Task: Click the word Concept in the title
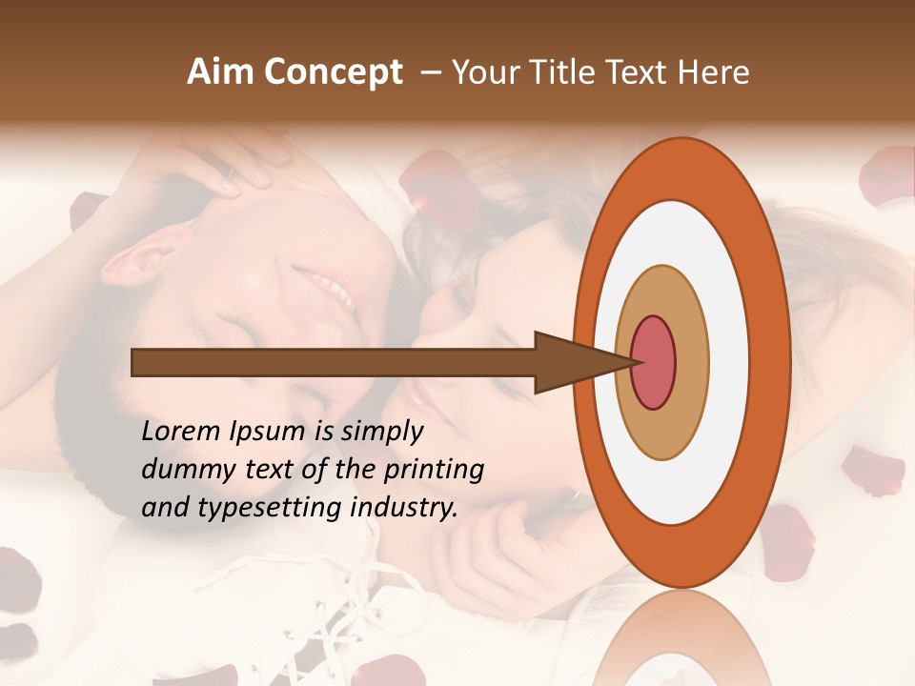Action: [x=334, y=72]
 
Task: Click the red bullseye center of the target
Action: [x=654, y=362]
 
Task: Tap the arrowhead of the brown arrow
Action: [x=572, y=362]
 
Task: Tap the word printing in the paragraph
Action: [x=434, y=470]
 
